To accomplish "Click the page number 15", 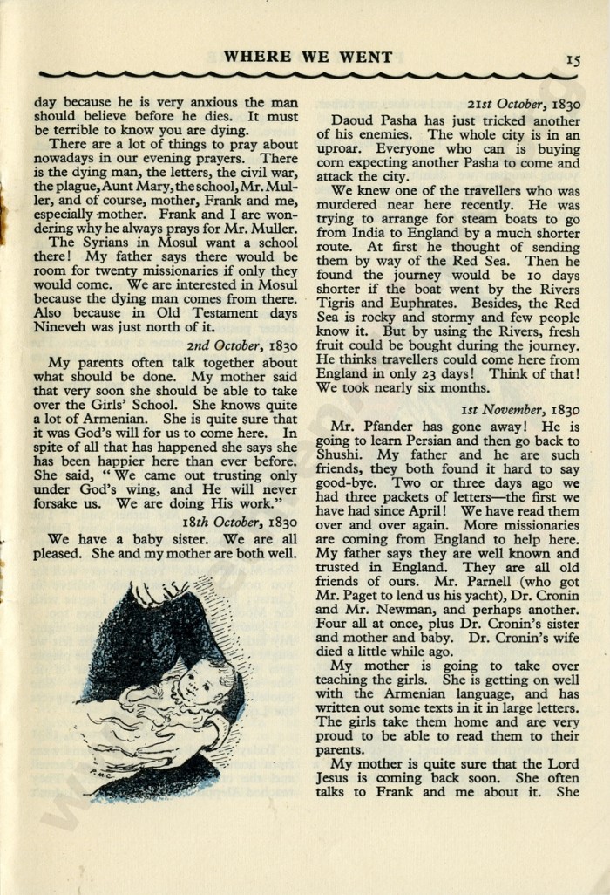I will pyautogui.click(x=573, y=59).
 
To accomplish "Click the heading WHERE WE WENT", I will pyautogui.click(x=308, y=58).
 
